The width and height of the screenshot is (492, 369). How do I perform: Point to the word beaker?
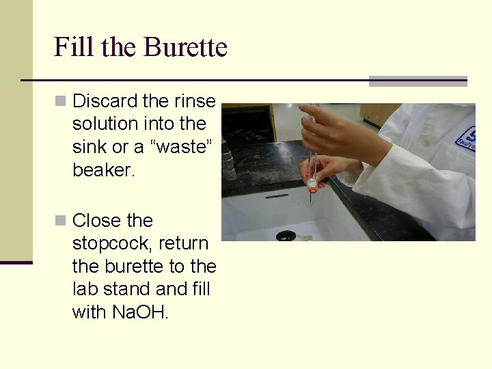104,170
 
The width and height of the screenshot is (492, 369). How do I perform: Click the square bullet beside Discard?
61,101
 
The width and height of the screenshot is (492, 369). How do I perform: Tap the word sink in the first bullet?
87,147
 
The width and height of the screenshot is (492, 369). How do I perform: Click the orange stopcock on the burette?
312,183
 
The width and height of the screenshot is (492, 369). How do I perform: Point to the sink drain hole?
286,236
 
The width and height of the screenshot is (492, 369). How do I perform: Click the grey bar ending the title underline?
418,81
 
